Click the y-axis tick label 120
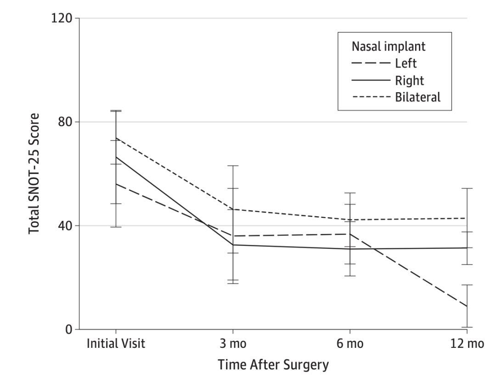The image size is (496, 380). click(62, 18)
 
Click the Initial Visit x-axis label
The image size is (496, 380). click(116, 344)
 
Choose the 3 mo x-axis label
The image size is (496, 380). click(233, 344)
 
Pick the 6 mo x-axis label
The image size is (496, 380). click(350, 344)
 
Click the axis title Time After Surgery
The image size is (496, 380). click(273, 365)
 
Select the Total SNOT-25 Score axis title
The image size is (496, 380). click(34, 173)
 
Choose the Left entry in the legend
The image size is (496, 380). click(406, 63)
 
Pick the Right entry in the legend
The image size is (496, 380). click(409, 80)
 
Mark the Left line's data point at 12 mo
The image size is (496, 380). click(467, 306)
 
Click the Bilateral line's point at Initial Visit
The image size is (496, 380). click(116, 138)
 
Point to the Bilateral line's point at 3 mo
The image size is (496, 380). click(233, 209)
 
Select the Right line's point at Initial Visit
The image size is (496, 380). click(116, 157)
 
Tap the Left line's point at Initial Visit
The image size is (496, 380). click(116, 184)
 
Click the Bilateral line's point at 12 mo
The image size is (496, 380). click(467, 218)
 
